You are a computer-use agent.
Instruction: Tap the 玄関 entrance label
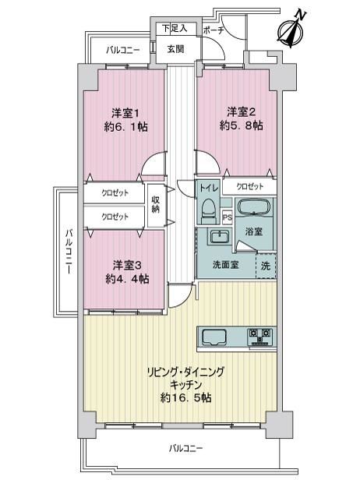[176, 49]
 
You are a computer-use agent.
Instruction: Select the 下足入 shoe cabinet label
[175, 29]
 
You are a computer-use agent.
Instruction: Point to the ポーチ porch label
[214, 30]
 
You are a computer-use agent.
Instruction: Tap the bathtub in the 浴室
[253, 207]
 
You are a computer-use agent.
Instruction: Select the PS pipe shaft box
[228, 217]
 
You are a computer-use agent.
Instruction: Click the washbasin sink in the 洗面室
[218, 237]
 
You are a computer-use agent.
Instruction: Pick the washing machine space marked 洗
[266, 266]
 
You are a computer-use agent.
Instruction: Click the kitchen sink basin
[214, 337]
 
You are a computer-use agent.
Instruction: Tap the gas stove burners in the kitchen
[260, 336]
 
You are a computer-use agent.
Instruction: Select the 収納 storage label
[156, 204]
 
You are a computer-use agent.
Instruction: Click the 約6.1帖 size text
[125, 126]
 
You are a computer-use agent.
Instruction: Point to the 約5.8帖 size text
[242, 125]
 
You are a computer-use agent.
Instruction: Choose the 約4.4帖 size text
[127, 279]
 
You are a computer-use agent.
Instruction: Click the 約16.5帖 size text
[185, 397]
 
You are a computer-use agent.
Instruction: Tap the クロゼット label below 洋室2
[250, 187]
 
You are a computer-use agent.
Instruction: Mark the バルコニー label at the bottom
[185, 449]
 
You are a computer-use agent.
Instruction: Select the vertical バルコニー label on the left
[69, 251]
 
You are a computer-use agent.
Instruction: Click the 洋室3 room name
[127, 266]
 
